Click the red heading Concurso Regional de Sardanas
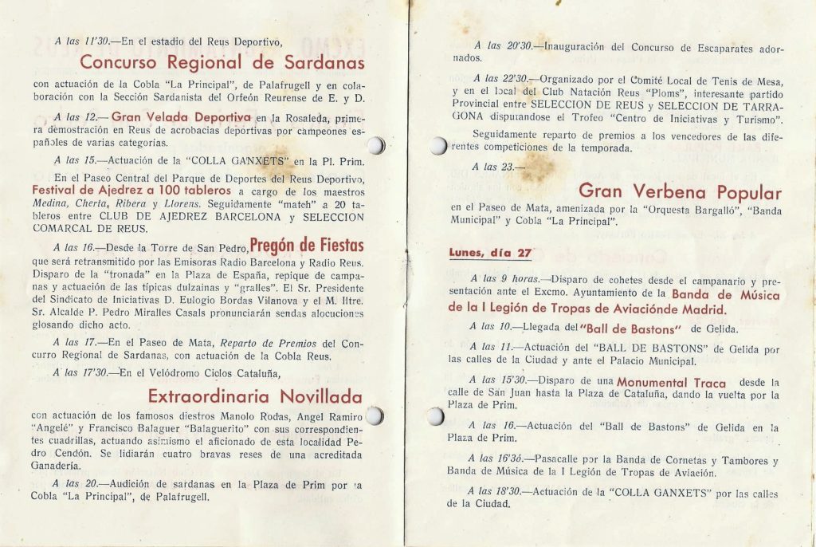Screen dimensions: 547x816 coord(222,62)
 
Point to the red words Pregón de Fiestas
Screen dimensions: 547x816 coord(307,245)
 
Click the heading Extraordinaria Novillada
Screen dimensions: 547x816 coord(255,396)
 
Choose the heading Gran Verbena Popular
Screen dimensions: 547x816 coord(680,191)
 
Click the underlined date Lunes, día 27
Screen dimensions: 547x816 coord(490,254)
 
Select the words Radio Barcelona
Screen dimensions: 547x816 coord(268,264)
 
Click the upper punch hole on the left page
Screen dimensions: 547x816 coord(377,146)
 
